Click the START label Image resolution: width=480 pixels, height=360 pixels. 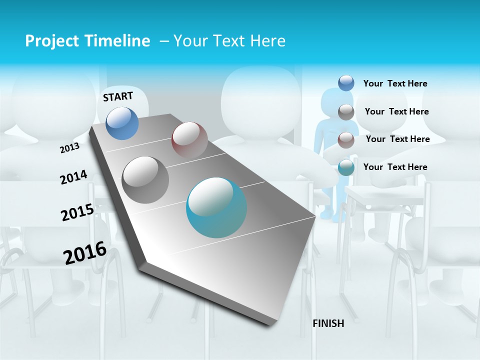(x=118, y=96)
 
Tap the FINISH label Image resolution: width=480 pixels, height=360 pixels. (x=328, y=323)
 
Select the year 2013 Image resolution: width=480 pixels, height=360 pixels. (x=70, y=148)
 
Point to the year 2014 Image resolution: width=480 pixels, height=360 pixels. (x=73, y=177)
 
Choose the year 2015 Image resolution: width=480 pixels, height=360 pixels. (x=77, y=212)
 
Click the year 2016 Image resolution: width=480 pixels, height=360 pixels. (x=85, y=252)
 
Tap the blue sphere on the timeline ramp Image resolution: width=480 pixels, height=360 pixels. (x=122, y=123)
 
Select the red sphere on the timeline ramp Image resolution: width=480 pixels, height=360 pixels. (x=189, y=140)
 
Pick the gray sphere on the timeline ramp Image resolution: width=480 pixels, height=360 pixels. (x=145, y=179)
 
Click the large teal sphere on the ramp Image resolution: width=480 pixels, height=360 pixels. (x=216, y=207)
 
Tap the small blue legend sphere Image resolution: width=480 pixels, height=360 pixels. (x=346, y=83)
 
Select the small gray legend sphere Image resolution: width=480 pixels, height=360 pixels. (x=346, y=111)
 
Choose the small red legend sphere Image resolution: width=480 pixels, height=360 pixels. (x=346, y=139)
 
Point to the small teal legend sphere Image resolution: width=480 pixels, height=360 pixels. (x=346, y=167)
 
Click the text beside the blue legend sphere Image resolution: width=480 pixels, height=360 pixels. (x=395, y=83)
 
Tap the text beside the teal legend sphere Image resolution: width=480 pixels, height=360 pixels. (x=395, y=167)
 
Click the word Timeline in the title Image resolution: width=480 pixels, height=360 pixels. (x=114, y=41)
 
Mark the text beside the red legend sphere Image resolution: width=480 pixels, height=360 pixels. (x=397, y=139)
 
